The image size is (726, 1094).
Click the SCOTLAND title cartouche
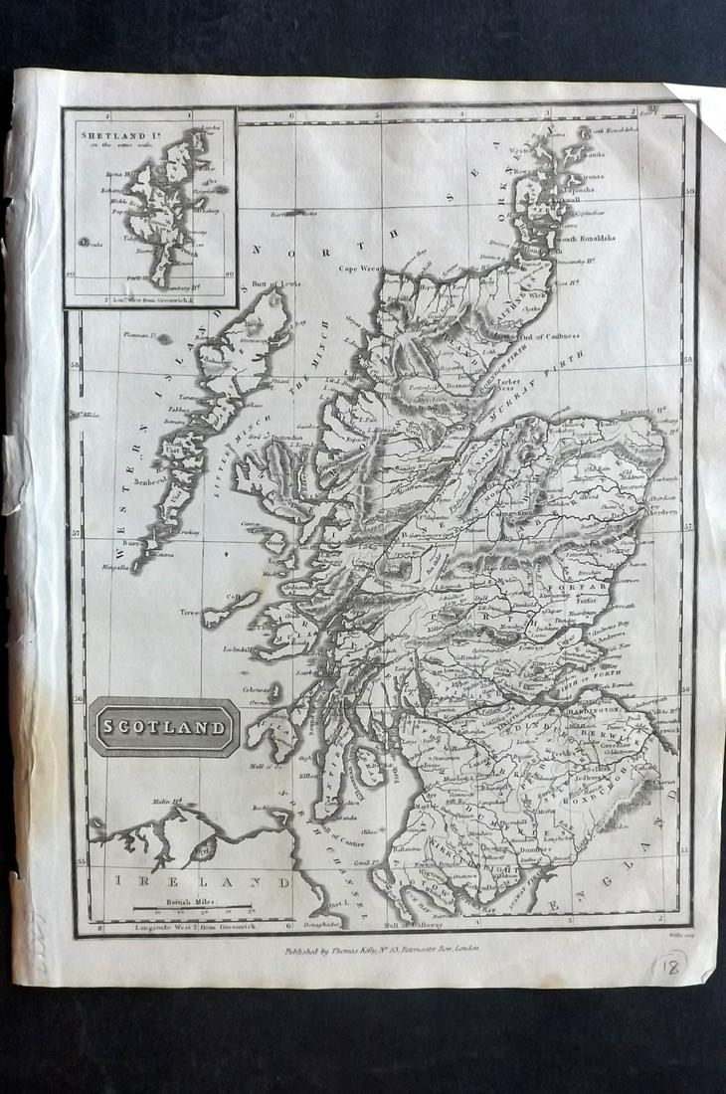163,727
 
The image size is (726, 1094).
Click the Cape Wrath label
361,268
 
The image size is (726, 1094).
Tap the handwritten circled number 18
669,965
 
